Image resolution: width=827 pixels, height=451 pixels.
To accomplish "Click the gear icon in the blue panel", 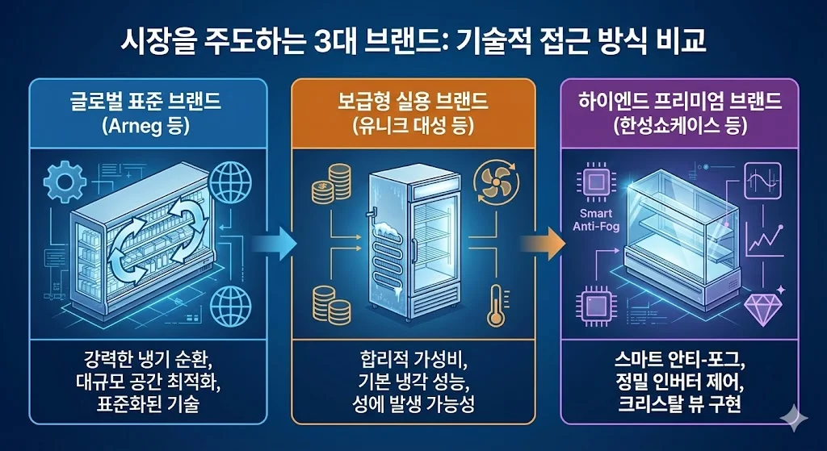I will [x=63, y=183].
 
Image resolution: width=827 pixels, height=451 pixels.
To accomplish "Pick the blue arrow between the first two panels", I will [x=273, y=240].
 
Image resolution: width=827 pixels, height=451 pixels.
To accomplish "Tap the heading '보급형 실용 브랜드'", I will [x=413, y=102].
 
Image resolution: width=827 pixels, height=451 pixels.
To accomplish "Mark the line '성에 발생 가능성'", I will [x=413, y=403].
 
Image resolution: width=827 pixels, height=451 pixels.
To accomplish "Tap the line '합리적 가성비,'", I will [x=413, y=357].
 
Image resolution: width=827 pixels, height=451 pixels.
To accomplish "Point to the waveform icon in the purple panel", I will [x=763, y=179].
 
